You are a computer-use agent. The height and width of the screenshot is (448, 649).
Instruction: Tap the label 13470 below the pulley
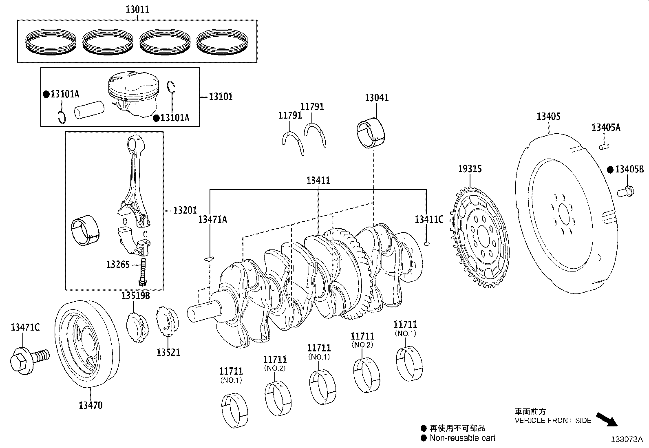pos(91,405)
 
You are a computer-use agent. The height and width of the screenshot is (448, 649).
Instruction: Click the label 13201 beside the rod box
pos(185,210)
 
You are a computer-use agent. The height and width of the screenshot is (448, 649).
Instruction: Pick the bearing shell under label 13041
pos(371,132)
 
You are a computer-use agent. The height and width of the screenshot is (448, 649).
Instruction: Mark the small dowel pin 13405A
pos(604,145)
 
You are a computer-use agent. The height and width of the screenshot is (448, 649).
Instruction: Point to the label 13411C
pos(429,219)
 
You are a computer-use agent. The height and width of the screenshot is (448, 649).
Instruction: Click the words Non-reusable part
pos(462,438)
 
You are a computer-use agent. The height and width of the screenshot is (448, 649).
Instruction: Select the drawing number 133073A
pos(626,439)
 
